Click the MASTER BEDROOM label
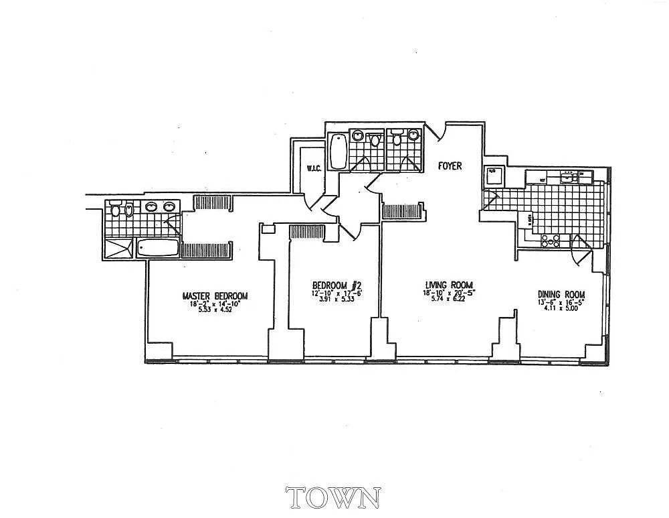click(215, 296)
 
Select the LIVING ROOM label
click(448, 285)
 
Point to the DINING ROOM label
click(561, 294)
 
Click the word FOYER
click(450, 166)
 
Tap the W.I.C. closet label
click(314, 168)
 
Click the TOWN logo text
click(333, 498)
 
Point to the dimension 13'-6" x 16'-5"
click(561, 303)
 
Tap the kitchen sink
click(569, 177)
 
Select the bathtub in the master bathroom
click(159, 249)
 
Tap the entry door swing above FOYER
click(438, 133)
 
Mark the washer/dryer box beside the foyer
click(493, 175)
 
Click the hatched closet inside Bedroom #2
click(307, 231)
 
